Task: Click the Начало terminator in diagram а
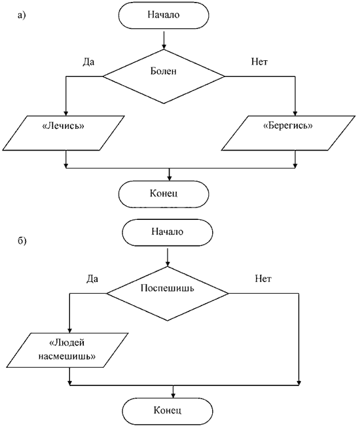164,15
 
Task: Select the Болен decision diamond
164,77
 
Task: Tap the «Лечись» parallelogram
63,133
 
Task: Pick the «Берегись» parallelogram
288,133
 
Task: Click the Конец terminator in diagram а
164,194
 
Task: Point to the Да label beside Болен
89,62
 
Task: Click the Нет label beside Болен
259,62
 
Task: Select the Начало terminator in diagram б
167,232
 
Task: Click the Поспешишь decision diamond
168,293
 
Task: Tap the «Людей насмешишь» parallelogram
67,350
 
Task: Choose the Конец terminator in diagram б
167,411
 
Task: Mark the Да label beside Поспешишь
92,279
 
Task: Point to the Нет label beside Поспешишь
263,279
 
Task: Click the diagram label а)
22,15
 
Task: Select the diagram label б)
22,241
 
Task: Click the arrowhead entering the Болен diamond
164,47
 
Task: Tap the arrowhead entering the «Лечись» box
65,113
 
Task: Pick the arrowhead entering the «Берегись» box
295,113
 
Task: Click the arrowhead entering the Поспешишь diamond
168,264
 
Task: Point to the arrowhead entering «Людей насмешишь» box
69,330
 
